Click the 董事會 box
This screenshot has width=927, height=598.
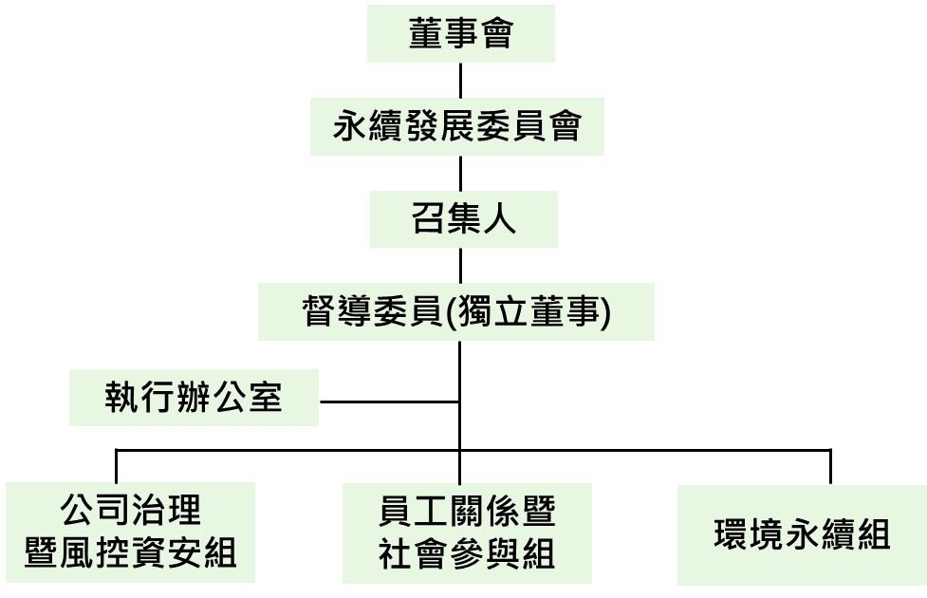tap(460, 35)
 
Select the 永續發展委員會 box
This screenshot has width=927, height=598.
tap(457, 126)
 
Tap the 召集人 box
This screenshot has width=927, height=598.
tap(463, 219)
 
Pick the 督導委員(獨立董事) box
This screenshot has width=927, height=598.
tap(455, 311)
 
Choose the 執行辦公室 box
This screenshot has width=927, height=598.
tap(194, 397)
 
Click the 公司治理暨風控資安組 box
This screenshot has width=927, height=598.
tap(131, 532)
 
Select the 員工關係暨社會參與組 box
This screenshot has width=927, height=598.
tap(467, 533)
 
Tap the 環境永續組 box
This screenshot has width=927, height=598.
tap(802, 535)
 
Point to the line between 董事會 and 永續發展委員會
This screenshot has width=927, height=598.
tap(460, 81)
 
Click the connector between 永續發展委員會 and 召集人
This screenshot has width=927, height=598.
tap(460, 173)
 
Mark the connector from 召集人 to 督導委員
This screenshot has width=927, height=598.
tap(460, 266)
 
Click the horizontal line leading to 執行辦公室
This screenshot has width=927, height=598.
tap(389, 400)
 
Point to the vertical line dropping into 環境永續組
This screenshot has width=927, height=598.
tap(831, 466)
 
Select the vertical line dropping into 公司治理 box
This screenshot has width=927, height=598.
tap(116, 466)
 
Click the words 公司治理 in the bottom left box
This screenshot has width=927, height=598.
tap(131, 511)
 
